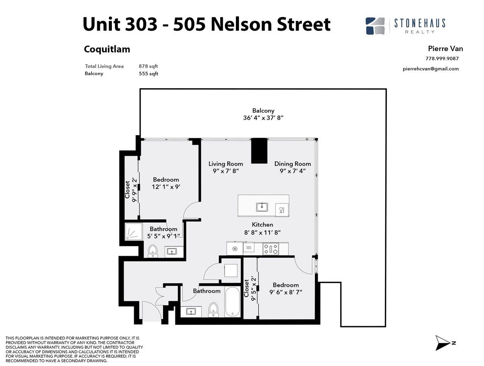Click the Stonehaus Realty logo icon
(x=375, y=26)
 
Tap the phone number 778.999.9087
(x=442, y=58)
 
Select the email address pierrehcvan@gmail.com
(x=431, y=69)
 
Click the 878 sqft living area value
(x=148, y=66)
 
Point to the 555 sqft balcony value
(x=148, y=74)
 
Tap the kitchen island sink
(x=262, y=207)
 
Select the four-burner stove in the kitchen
(x=271, y=249)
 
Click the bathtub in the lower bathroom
(x=233, y=302)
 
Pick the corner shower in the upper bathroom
(x=134, y=231)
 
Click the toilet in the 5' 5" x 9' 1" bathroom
(x=153, y=251)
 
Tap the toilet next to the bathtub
(x=213, y=310)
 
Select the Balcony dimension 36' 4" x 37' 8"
(x=263, y=118)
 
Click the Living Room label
(x=226, y=164)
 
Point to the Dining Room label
(x=293, y=164)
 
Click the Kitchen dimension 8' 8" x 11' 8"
(x=262, y=232)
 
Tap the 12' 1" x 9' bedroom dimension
(x=166, y=187)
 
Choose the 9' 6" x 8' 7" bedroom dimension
(x=286, y=292)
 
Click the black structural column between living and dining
(x=259, y=151)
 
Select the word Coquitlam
(x=107, y=49)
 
